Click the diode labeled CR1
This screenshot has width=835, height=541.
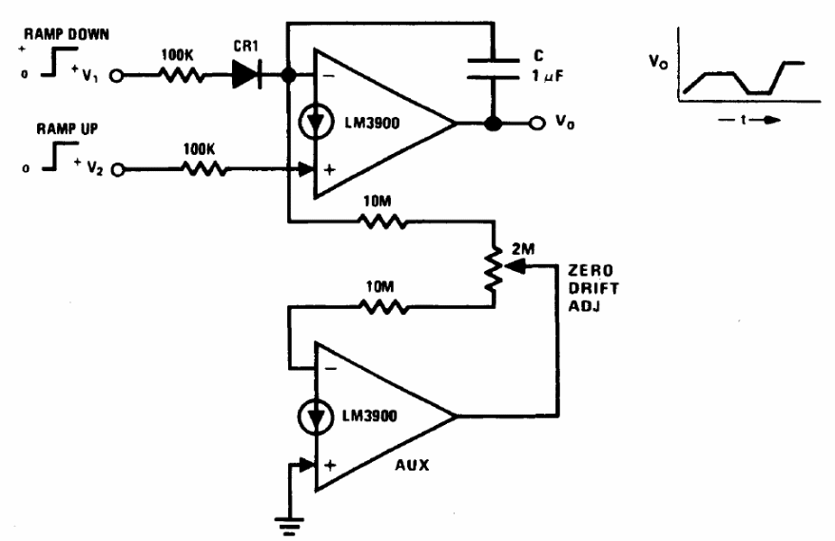point(246,73)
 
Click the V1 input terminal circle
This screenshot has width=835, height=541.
point(117,73)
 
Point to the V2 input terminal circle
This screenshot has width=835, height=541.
point(118,171)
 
